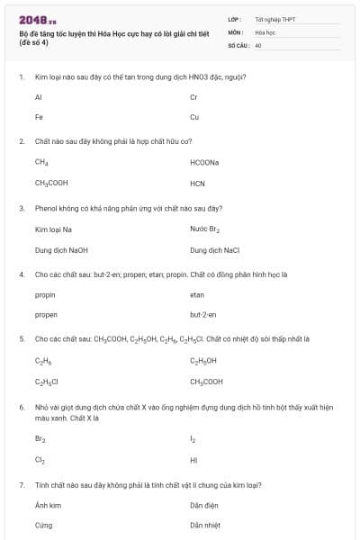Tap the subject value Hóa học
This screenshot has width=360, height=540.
pyautogui.click(x=264, y=31)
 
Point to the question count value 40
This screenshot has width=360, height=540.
pyautogui.click(x=258, y=44)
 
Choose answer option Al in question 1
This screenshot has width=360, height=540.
pyautogui.click(x=39, y=96)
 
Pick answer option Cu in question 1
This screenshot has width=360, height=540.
pyautogui.click(x=194, y=117)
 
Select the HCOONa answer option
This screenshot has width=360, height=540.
pyautogui.click(x=204, y=162)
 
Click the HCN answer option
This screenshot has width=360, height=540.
pyautogui.click(x=198, y=183)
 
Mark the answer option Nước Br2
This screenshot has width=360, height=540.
pyautogui.click(x=205, y=229)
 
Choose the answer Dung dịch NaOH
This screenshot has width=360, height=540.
pyautogui.click(x=61, y=249)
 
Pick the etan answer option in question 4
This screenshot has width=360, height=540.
pyautogui.click(x=197, y=294)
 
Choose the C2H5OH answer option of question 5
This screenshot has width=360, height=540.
pyautogui.click(x=203, y=361)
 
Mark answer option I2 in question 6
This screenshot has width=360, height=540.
pyautogui.click(x=193, y=440)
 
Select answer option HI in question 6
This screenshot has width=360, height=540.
pyautogui.click(x=193, y=460)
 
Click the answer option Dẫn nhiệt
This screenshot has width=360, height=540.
pyautogui.click(x=205, y=525)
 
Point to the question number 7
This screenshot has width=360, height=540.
pyautogui.click(x=22, y=485)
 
